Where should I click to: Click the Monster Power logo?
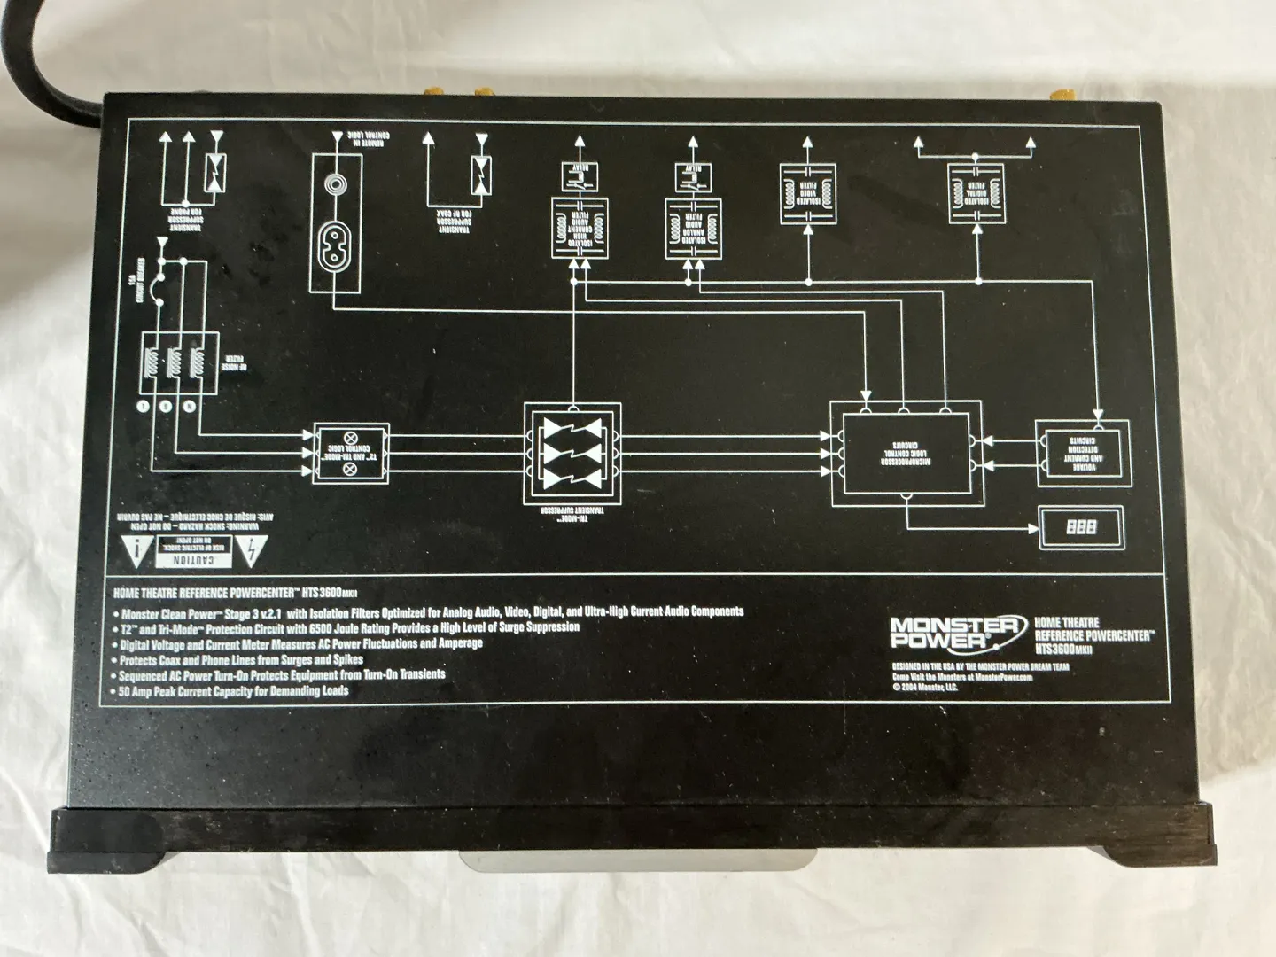point(954,632)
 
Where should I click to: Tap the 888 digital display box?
point(1081,526)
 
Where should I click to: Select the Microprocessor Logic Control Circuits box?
point(906,450)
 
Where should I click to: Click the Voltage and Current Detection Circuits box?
point(1082,452)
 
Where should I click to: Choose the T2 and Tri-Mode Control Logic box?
point(351,452)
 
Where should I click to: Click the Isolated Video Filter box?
point(808,192)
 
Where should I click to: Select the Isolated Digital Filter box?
point(976,191)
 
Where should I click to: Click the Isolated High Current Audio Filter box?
point(579,228)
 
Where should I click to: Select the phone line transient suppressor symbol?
point(214,172)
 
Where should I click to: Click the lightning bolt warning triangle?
point(253,552)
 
